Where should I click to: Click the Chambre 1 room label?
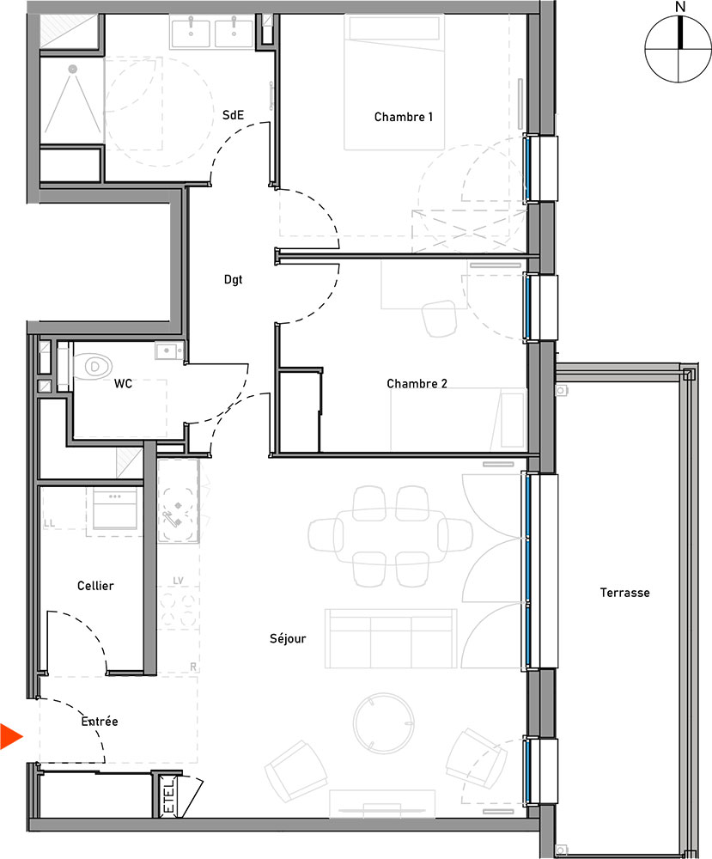403,117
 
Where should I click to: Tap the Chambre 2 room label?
417,383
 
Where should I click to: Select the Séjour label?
288,638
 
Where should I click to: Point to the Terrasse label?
624,593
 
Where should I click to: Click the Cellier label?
95,586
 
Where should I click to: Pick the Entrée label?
100,722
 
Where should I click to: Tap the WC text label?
123,384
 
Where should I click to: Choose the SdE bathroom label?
232,115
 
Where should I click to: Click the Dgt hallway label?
233,278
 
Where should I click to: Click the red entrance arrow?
11,736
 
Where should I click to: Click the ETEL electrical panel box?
168,795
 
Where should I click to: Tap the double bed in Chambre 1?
395,82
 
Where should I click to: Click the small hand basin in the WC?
167,350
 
